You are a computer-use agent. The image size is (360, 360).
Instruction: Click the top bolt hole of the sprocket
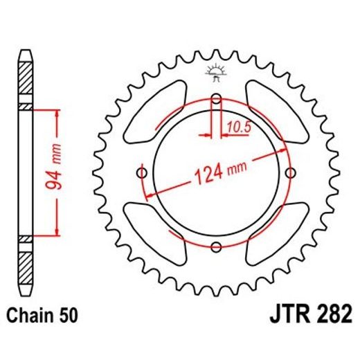(x=215, y=100)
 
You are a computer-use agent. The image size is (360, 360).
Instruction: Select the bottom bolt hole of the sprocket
(x=215, y=246)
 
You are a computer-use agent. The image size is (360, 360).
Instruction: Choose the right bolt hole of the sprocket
(x=289, y=172)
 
